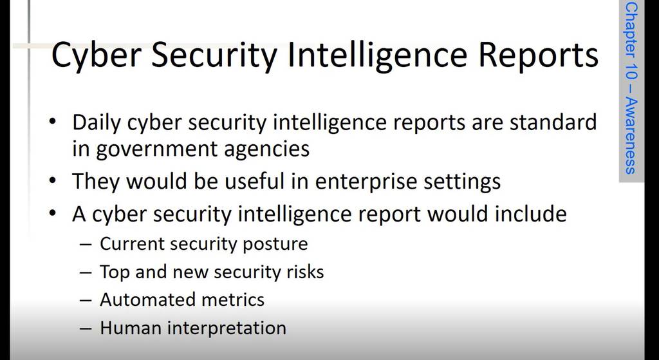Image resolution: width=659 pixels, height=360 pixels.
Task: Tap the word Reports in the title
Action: [539, 55]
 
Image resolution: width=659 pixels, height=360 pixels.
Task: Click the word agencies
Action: [266, 149]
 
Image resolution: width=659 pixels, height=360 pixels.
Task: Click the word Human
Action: [130, 328]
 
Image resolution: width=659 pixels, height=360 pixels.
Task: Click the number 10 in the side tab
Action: [631, 73]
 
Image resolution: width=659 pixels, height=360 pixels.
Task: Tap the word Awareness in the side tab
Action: [631, 137]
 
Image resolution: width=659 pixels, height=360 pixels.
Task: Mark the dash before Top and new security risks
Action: [86, 273]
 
